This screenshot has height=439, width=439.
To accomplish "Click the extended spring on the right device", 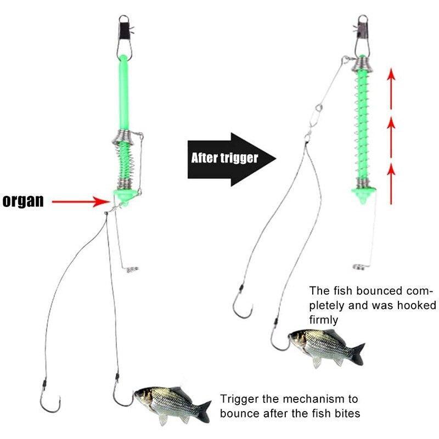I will [362, 126].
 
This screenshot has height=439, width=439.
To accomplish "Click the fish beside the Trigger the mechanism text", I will [170, 403].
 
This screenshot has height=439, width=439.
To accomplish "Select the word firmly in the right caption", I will [324, 319].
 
